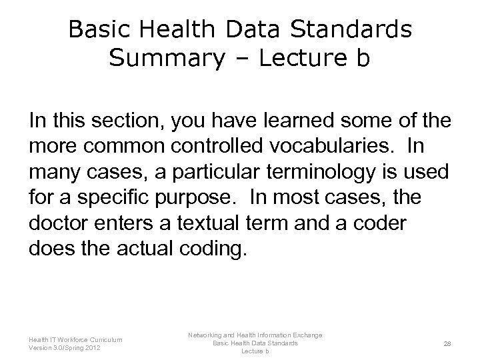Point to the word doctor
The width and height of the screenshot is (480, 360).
pos(59,217)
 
